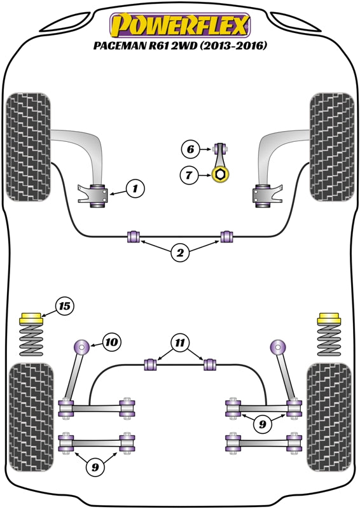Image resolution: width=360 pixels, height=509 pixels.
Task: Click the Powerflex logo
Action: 180,26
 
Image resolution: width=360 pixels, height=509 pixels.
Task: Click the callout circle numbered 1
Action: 135,188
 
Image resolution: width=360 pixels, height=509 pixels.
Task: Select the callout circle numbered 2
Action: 180,253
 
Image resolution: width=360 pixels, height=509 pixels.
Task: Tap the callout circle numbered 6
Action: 190,150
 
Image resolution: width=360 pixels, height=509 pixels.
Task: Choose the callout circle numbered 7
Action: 190,174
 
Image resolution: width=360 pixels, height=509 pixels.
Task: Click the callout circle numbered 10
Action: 111,342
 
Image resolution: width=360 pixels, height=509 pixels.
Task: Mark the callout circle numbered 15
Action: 64,307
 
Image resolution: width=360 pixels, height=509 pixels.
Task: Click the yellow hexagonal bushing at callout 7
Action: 221,174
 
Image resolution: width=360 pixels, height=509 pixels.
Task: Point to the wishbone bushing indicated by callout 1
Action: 98,193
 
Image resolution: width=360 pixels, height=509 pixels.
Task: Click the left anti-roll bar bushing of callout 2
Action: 134,237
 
